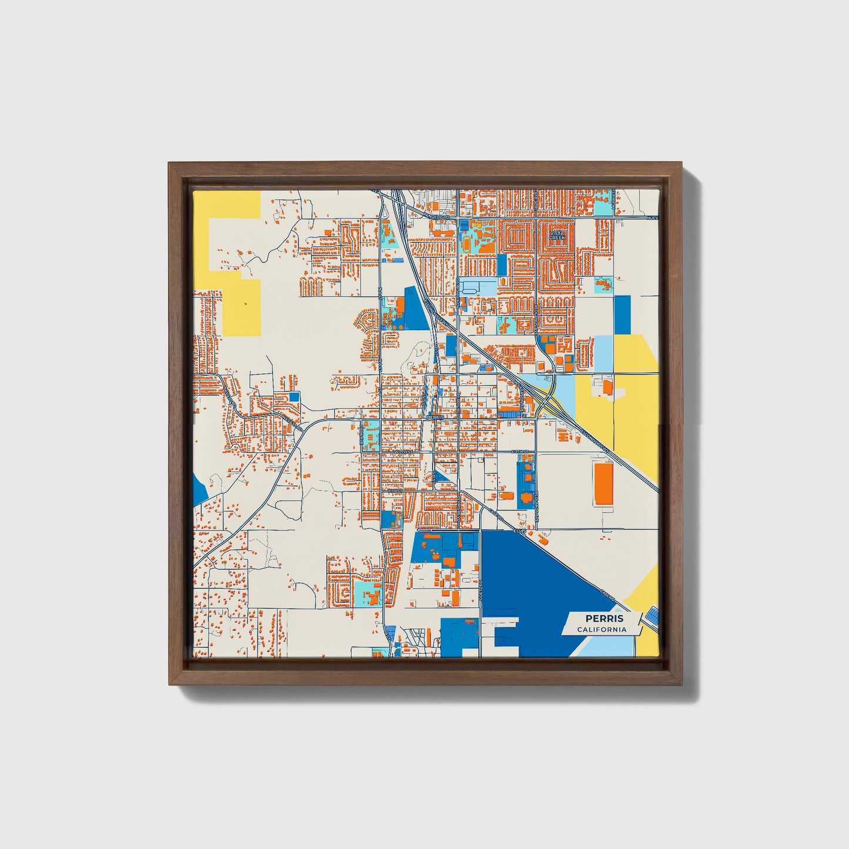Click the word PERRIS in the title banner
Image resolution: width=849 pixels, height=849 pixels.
coord(603,619)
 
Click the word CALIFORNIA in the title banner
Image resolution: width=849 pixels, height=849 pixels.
coord(601,630)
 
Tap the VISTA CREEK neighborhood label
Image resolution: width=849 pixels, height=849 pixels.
coord(556,235)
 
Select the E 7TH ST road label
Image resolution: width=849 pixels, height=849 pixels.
coord(520,451)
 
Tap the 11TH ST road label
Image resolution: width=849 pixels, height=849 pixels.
coord(395,491)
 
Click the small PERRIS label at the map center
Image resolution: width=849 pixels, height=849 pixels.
coord(436,417)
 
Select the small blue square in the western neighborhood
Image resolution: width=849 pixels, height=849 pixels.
coord(294,397)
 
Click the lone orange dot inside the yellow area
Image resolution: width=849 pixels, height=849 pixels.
coord(246,303)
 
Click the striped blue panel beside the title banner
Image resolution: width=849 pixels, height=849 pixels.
coord(651,617)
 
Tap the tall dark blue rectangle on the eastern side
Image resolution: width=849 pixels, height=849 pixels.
coord(622,315)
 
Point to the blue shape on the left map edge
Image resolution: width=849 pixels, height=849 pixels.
coord(199,490)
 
